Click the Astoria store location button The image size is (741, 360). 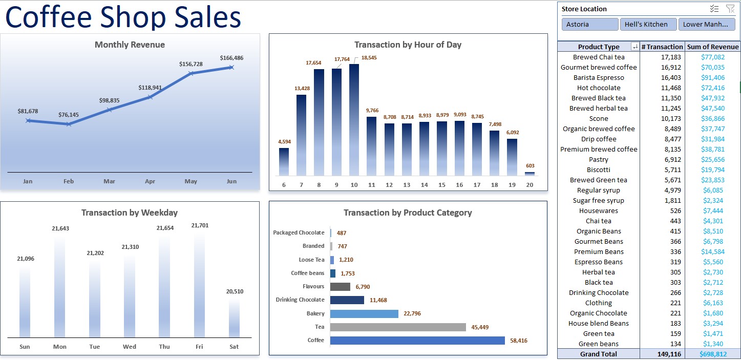(x=589, y=24)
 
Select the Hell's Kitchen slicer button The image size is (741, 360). (x=648, y=24)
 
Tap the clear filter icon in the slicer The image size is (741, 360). (x=730, y=9)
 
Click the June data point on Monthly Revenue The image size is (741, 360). (x=231, y=67)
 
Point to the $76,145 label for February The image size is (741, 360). (x=69, y=115)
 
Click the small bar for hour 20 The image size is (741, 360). (x=530, y=174)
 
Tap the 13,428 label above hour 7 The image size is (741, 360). (x=302, y=89)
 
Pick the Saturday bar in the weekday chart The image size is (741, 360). (x=234, y=317)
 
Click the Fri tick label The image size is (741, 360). (x=199, y=347)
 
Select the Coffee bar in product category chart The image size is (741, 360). (x=417, y=341)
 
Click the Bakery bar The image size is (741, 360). (x=364, y=313)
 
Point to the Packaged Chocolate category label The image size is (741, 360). (x=299, y=232)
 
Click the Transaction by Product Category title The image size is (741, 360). (x=408, y=213)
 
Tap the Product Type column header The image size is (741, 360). (x=598, y=47)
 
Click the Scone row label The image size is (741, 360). (x=599, y=119)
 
